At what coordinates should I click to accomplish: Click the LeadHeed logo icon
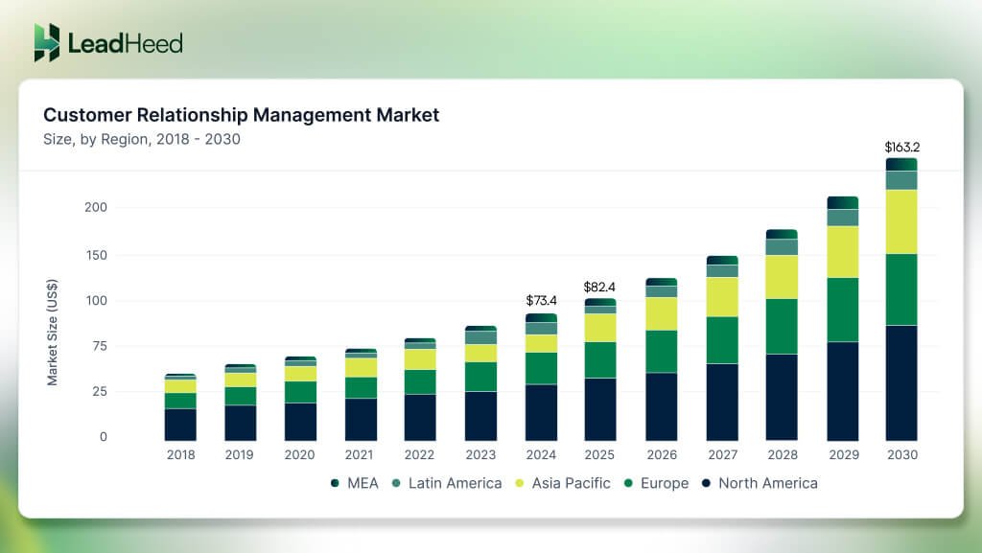(x=47, y=43)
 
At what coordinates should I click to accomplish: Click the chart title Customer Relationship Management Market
(x=241, y=115)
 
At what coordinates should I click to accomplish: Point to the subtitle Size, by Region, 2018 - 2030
(x=141, y=139)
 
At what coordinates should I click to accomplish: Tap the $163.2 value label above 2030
(x=900, y=148)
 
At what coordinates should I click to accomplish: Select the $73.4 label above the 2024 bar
(x=541, y=301)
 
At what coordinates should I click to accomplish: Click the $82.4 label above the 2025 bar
(x=600, y=287)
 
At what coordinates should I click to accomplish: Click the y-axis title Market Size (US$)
(x=53, y=333)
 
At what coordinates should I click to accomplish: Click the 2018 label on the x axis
(x=179, y=455)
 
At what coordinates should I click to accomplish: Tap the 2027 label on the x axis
(x=721, y=455)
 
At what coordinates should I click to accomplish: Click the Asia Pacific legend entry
(x=565, y=483)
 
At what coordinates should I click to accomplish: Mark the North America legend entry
(x=759, y=483)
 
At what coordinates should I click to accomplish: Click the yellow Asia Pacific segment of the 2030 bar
(x=900, y=221)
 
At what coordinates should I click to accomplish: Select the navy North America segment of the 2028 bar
(x=782, y=397)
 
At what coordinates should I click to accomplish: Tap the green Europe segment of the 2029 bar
(x=841, y=310)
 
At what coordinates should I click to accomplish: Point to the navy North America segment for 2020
(x=299, y=422)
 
